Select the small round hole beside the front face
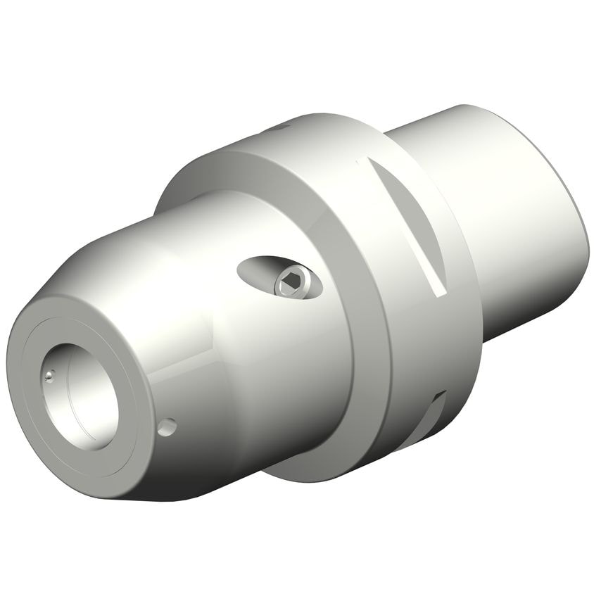coord(167,426)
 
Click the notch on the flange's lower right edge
coord(438,408)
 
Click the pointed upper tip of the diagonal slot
coord(360,161)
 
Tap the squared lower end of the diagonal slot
coord(438,289)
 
